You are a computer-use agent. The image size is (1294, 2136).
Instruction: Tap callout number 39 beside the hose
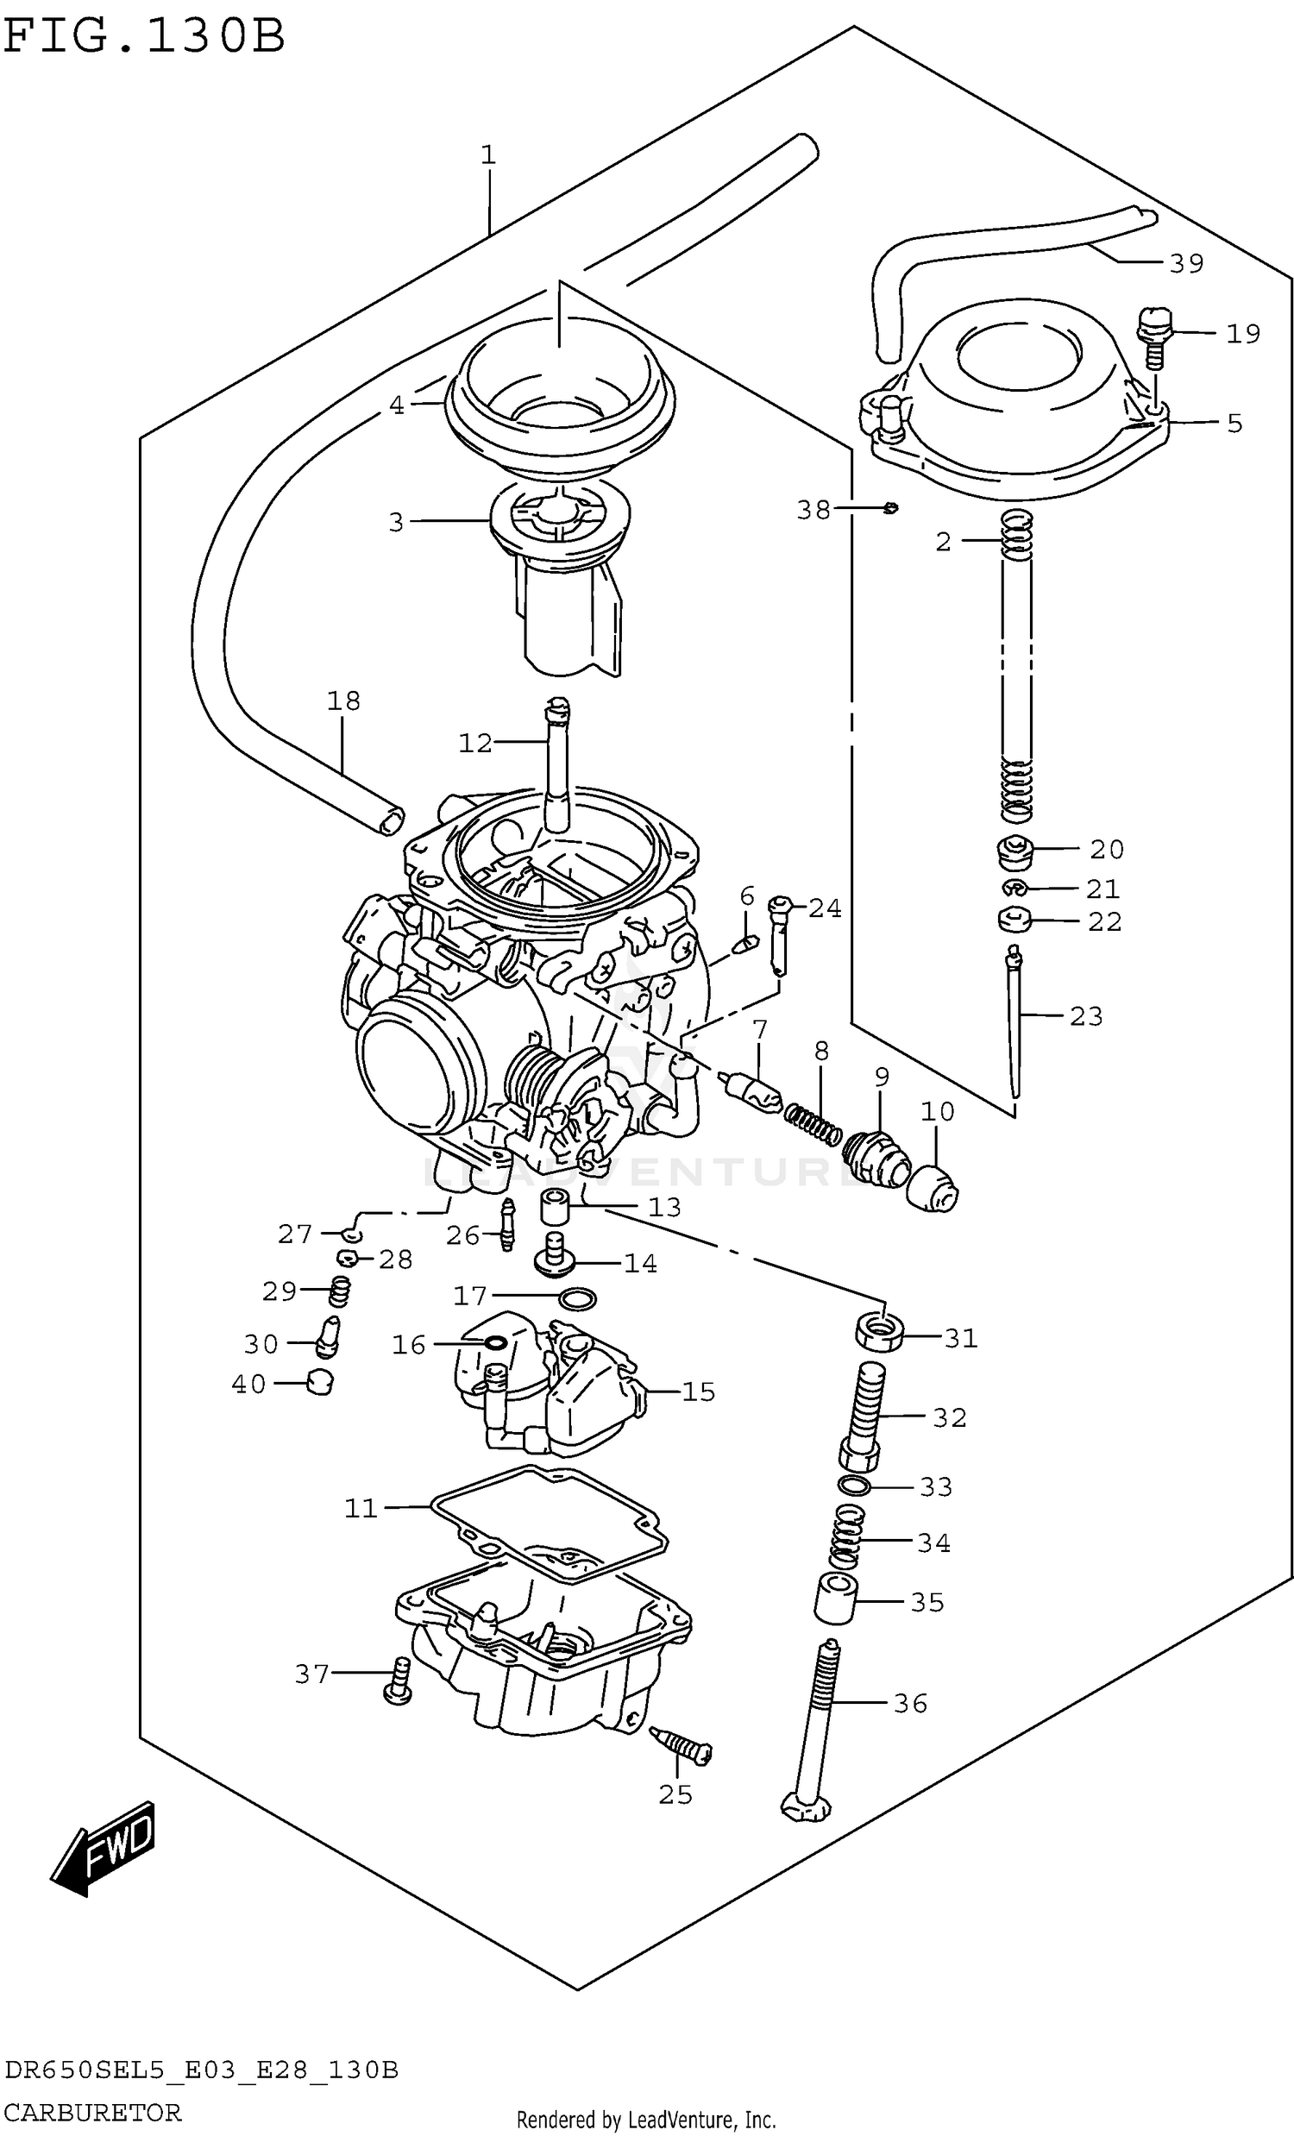click(1185, 263)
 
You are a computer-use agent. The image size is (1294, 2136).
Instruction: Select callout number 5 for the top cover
click(1234, 423)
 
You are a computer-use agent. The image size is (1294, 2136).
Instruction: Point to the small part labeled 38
click(891, 508)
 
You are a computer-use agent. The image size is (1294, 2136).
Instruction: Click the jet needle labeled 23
click(1014, 1023)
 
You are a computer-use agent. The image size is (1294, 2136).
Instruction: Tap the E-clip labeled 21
click(1014, 888)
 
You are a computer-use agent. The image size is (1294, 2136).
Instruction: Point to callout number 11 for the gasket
click(361, 1508)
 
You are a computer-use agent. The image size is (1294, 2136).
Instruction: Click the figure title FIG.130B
click(144, 36)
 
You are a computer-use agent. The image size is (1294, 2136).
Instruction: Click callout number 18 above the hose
click(343, 700)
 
